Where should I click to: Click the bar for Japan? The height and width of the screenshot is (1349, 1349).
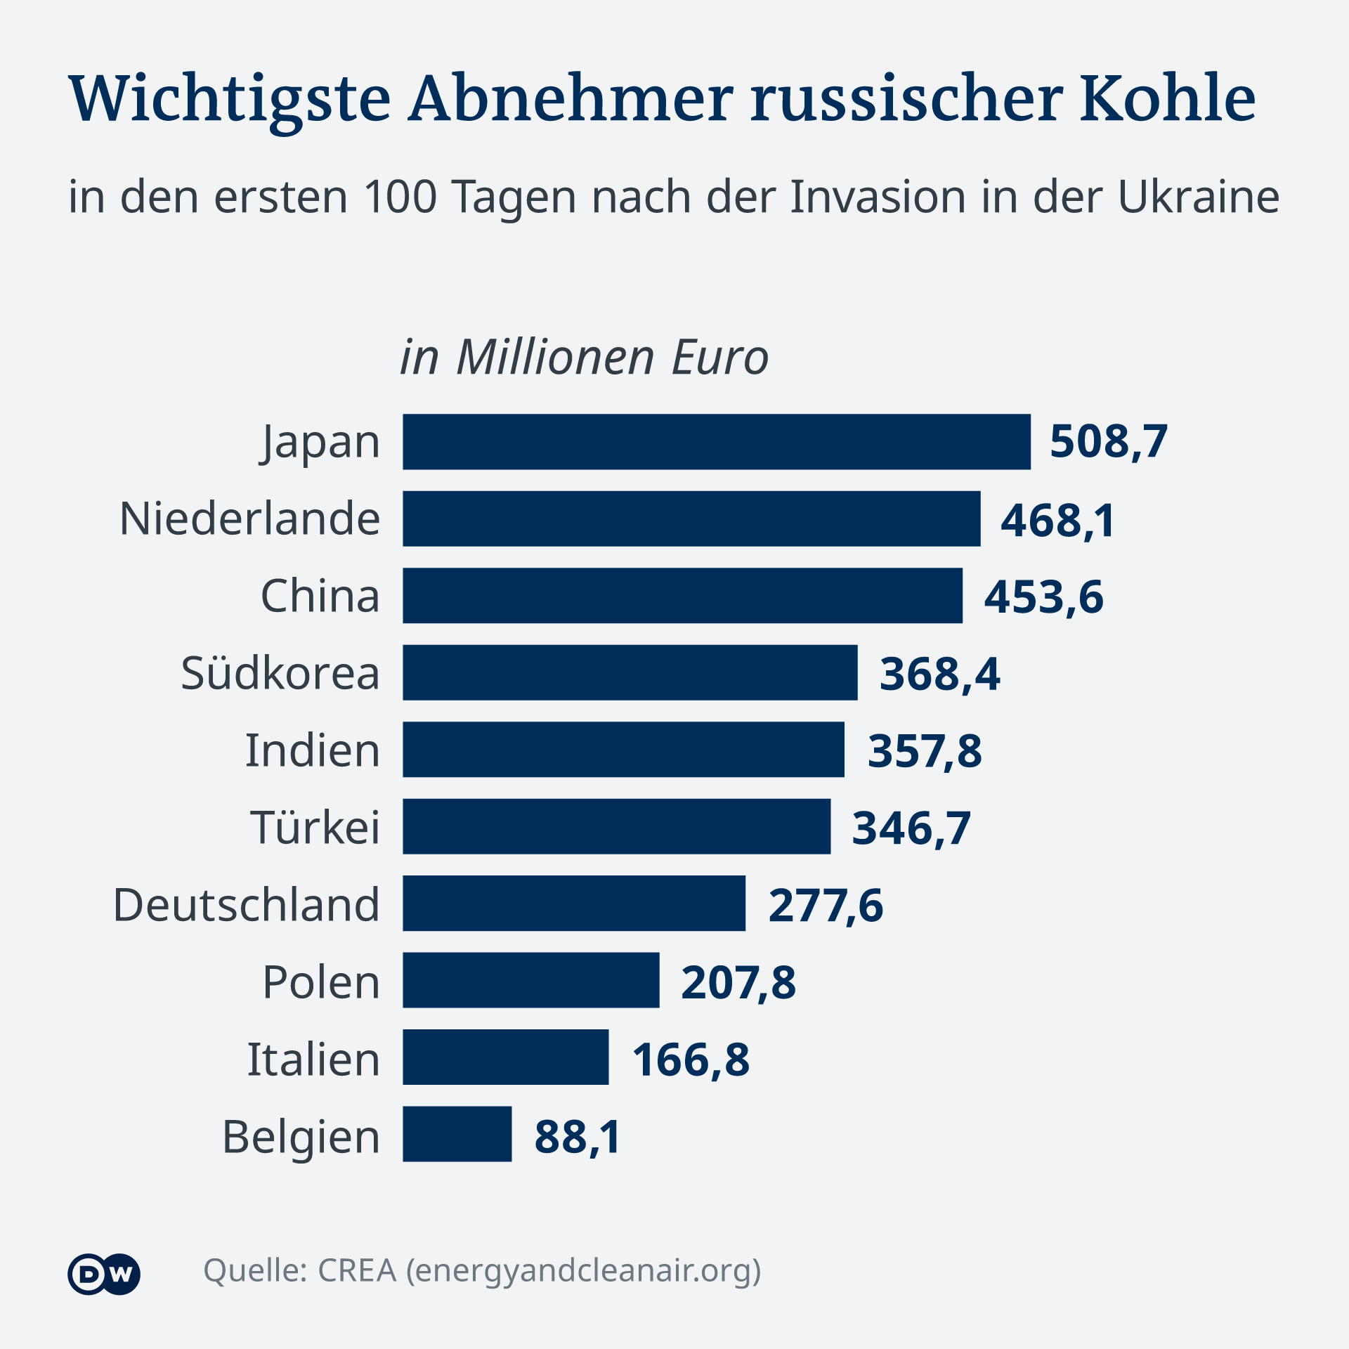pos(716,442)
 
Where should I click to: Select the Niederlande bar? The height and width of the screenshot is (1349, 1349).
pos(691,519)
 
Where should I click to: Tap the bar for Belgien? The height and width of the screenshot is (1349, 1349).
pos(457,1134)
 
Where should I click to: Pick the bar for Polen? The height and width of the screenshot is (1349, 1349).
pos(530,980)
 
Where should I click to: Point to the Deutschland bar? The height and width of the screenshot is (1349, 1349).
pos(573,904)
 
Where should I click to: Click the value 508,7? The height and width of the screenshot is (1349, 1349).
pos(1108,442)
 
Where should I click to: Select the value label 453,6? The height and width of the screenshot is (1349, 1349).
pos(1043,597)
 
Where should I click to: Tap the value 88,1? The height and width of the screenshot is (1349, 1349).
pos(578,1136)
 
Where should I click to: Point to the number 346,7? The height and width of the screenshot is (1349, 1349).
pos(911,828)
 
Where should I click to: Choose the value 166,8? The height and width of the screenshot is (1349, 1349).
pos(691,1060)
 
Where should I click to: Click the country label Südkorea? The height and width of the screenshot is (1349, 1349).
pos(280,673)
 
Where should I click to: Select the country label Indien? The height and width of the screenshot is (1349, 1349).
pos(312,750)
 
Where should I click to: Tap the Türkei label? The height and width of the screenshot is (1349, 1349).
pos(315,827)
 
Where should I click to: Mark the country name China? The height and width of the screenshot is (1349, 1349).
pos(320,597)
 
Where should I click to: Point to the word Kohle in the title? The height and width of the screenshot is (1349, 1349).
pos(1167,98)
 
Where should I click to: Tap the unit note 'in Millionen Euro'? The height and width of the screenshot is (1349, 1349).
pos(584,358)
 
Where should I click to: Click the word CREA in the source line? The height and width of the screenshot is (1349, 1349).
pos(357,1271)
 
